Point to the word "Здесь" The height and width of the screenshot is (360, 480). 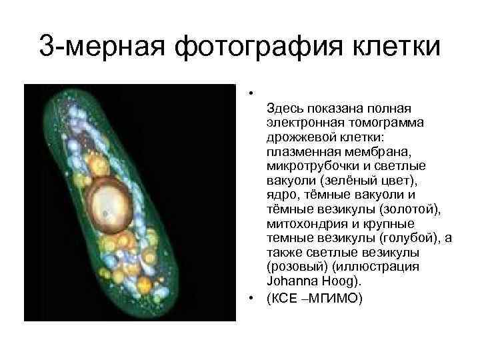(x=285, y=107)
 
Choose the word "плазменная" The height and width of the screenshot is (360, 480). (x=299, y=151)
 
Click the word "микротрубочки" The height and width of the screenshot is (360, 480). (x=309, y=165)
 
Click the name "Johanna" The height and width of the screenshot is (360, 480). (x=292, y=281)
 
